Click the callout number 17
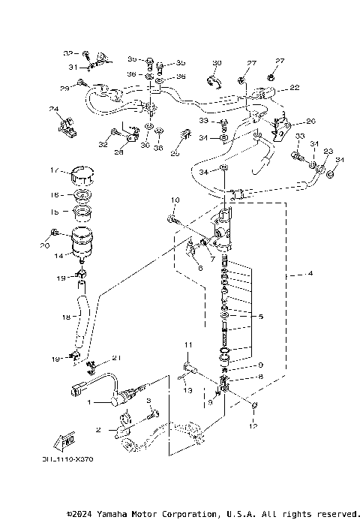coord(53,170)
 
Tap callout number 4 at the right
coord(309,273)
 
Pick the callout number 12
coord(253,425)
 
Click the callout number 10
coord(174,200)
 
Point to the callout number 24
coord(54,110)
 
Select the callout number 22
coord(295,88)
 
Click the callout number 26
coord(310,121)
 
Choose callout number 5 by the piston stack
coord(260,316)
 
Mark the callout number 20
coord(44,245)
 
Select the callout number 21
coord(115,357)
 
